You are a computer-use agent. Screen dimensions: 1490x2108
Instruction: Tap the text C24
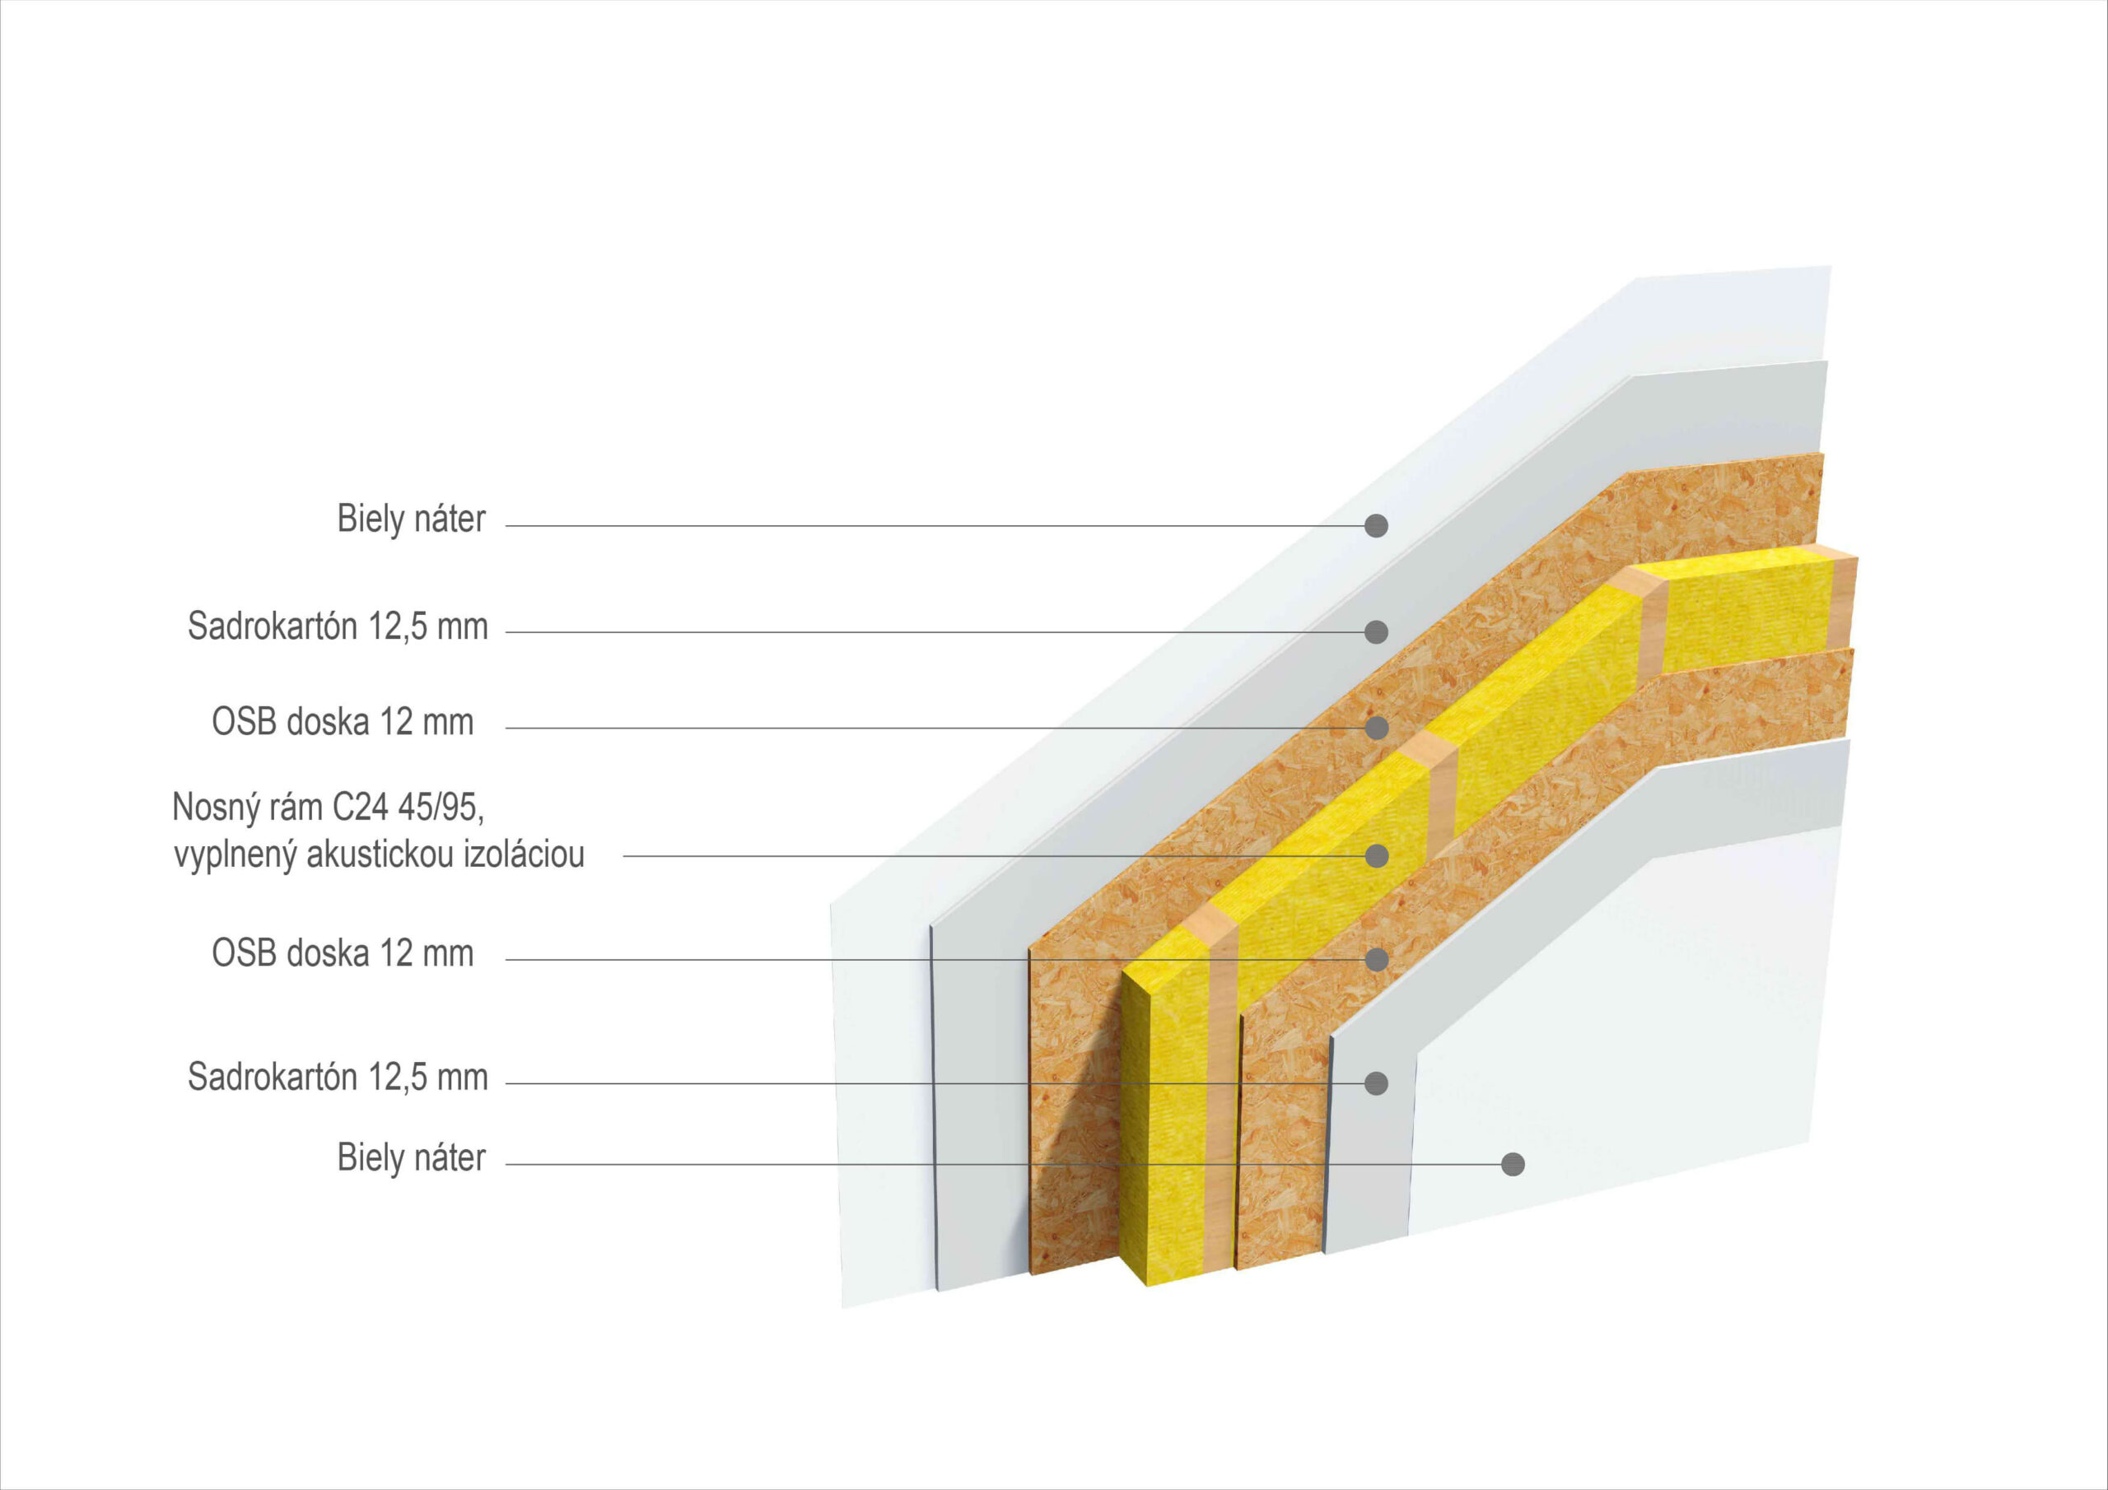361,808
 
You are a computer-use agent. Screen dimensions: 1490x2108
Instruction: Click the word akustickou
380,855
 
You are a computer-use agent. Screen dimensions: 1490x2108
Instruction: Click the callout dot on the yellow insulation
1376,855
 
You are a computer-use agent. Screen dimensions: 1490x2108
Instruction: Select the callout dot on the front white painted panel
1513,1164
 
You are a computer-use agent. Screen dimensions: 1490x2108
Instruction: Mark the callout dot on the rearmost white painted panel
1376,525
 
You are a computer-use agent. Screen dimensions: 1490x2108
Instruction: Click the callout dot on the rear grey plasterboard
1376,631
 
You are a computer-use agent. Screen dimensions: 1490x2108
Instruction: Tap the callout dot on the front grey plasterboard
1376,1083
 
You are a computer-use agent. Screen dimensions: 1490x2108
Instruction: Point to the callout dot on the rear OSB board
1376,728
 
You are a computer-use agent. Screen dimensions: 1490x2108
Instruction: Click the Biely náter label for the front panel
412,1157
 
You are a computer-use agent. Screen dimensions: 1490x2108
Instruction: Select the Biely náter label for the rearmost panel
412,519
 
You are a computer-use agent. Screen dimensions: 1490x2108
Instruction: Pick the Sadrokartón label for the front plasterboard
338,1077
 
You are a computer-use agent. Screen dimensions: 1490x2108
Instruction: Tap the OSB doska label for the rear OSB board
343,723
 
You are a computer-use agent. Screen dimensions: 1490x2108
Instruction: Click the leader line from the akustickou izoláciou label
918,856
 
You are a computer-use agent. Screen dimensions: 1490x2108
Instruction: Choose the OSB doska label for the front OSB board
343,954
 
